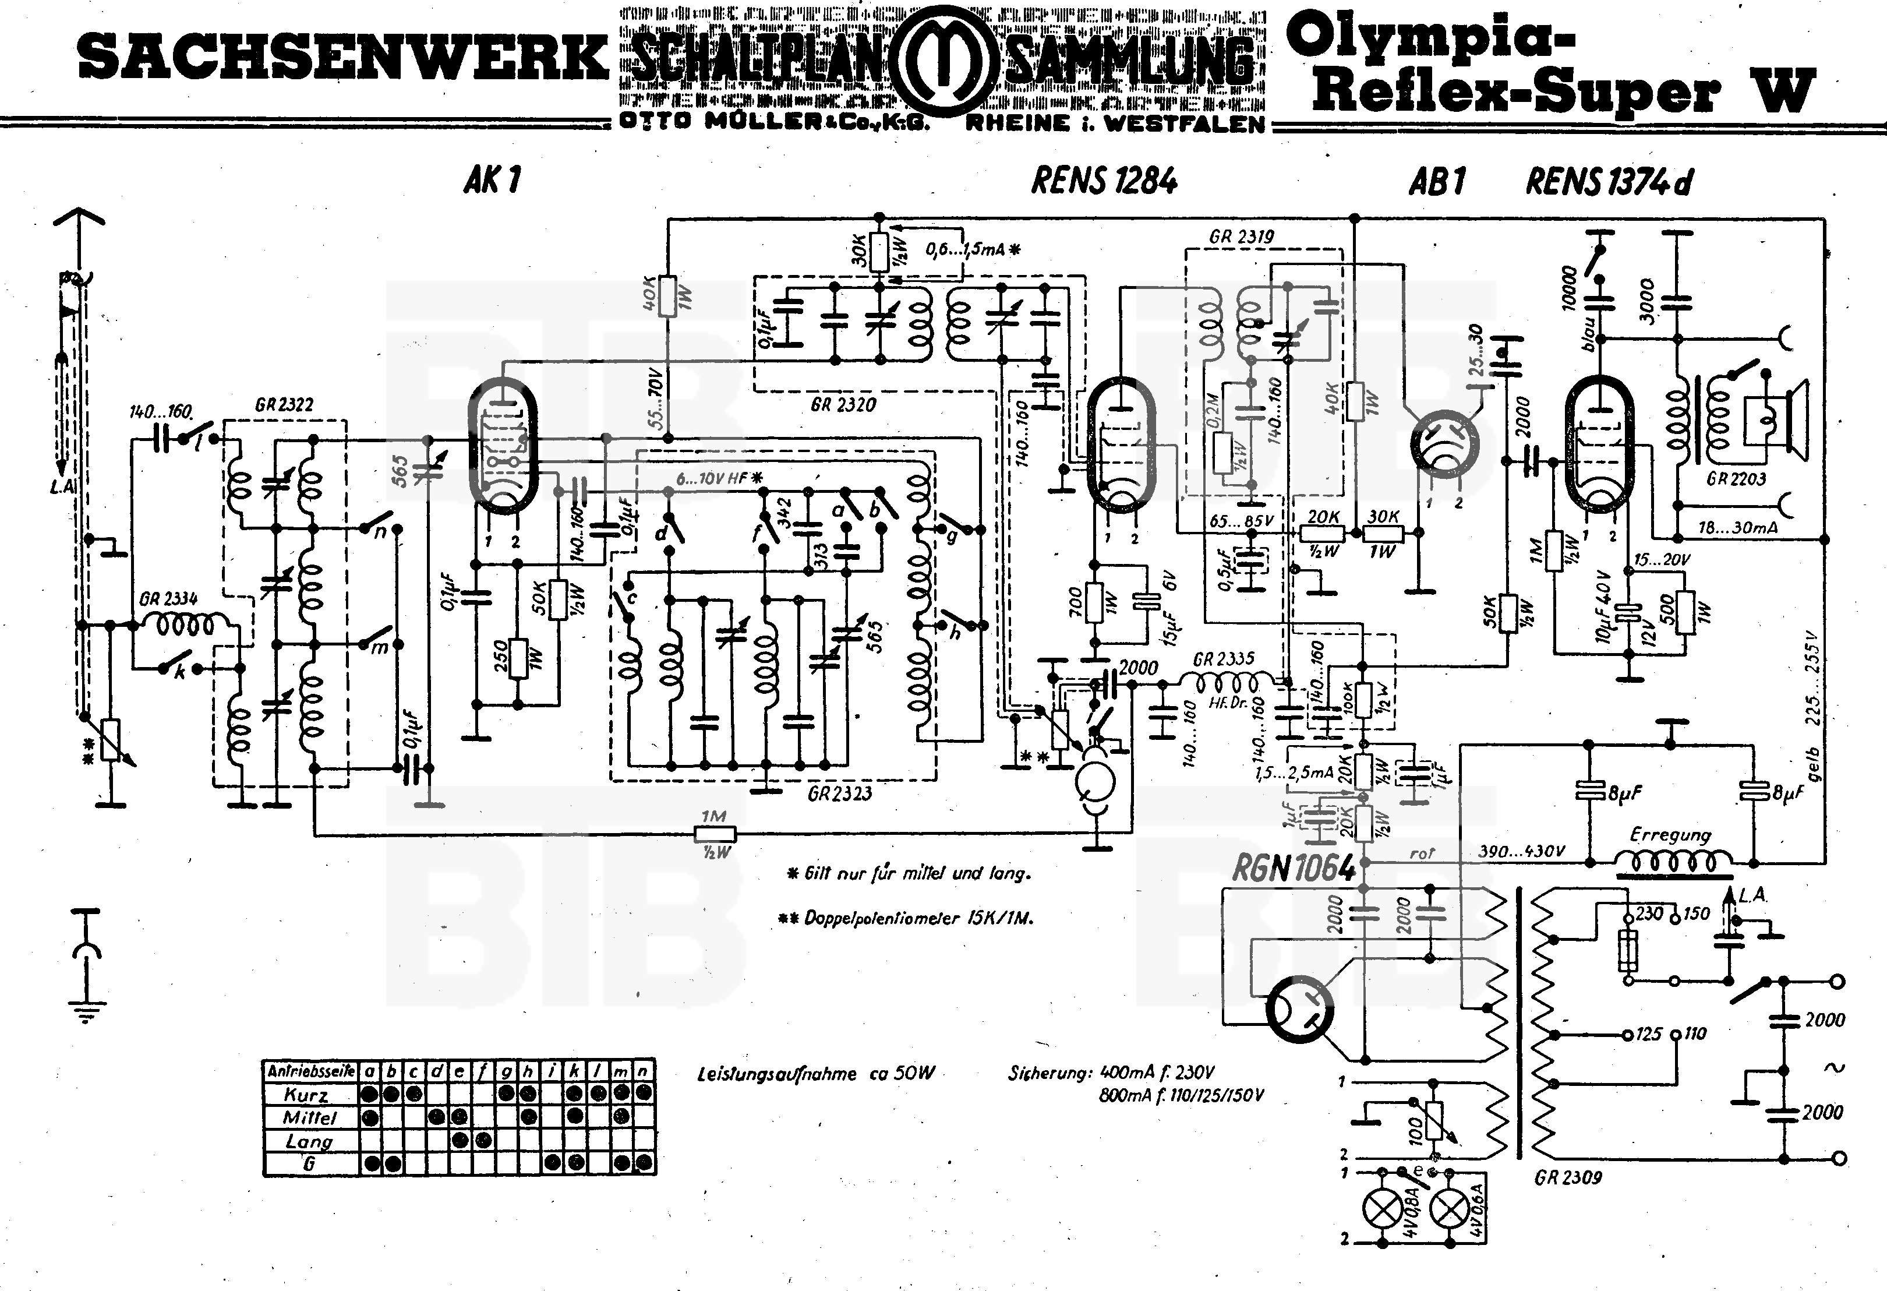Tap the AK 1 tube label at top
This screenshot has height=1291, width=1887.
click(x=492, y=180)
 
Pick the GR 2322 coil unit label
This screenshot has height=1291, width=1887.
click(x=284, y=404)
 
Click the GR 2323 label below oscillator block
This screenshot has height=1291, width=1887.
click(x=840, y=793)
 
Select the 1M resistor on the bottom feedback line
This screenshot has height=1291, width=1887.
click(x=715, y=834)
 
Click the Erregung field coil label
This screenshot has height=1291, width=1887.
click(x=1670, y=835)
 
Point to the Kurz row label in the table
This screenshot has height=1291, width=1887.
click(x=306, y=1095)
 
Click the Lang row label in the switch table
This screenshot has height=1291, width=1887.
click(x=309, y=1141)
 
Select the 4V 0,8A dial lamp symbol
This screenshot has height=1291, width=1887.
click(x=1380, y=1211)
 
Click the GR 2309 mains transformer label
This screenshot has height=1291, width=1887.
click(x=1568, y=1177)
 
